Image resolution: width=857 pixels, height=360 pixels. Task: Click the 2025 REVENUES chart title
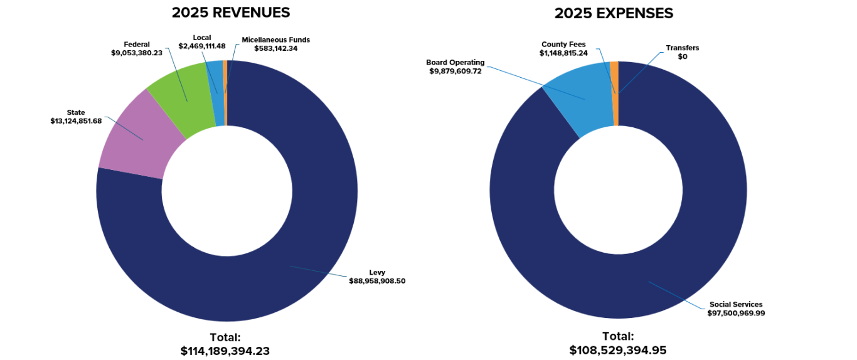click(x=231, y=13)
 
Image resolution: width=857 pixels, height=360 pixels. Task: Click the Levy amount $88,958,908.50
click(x=377, y=281)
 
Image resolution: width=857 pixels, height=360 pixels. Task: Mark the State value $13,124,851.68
click(x=76, y=121)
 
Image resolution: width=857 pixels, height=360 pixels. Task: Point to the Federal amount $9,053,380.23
click(x=137, y=53)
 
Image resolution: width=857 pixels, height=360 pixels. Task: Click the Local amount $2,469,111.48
click(x=202, y=46)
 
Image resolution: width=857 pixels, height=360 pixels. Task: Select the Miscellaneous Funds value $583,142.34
click(x=276, y=48)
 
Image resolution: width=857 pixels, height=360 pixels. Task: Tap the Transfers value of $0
click(x=683, y=56)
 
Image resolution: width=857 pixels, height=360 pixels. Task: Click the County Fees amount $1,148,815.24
click(x=564, y=53)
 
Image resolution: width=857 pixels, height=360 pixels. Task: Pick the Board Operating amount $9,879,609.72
click(x=455, y=71)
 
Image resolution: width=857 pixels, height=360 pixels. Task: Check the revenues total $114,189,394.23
click(x=225, y=351)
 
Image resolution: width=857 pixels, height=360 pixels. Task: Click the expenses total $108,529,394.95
click(x=618, y=350)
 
